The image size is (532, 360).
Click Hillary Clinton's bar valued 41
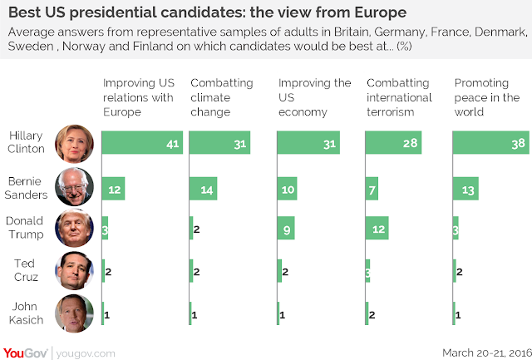[142, 145]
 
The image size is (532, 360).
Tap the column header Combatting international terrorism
[399, 97]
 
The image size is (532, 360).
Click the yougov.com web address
[88, 353]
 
